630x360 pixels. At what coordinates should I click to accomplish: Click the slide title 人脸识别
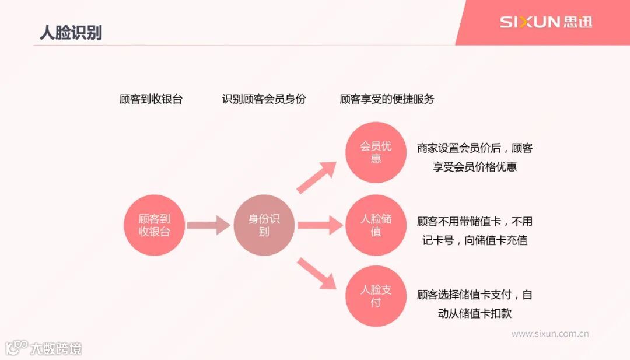coord(71,32)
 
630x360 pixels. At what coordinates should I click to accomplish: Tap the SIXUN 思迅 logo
coord(545,23)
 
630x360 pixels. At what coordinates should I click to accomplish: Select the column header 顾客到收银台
coord(150,99)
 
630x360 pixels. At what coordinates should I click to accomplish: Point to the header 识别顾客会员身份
coord(264,99)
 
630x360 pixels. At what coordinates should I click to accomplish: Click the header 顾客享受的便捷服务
coord(387,99)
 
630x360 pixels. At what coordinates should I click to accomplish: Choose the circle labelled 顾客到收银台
coord(154,225)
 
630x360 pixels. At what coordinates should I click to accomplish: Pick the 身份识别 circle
coord(264,225)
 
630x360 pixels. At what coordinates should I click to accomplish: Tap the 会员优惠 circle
coord(376,152)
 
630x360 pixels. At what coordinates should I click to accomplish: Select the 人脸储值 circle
coord(376,225)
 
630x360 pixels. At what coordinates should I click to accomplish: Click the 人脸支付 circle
coord(376,296)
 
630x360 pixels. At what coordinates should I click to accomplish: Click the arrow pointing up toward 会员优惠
coord(318,177)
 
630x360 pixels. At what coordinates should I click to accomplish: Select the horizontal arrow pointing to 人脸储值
coord(319,225)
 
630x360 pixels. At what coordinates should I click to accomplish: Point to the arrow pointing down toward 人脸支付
coord(318,273)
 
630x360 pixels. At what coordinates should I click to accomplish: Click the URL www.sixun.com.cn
coord(549,334)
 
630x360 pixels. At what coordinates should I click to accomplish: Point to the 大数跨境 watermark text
coord(56,349)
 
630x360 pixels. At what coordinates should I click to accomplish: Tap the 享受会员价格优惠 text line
coord(475,167)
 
